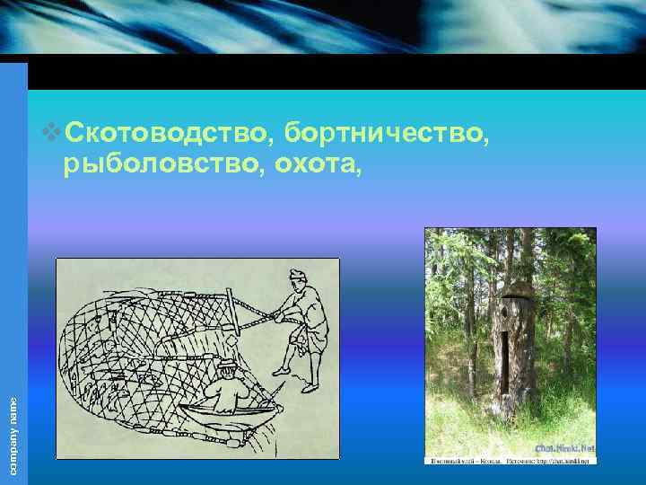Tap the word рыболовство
pos(156,164)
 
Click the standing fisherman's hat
pos(298,273)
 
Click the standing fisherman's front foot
pos(280,371)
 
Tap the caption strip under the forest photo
pos(509,460)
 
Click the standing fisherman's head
pos(300,282)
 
